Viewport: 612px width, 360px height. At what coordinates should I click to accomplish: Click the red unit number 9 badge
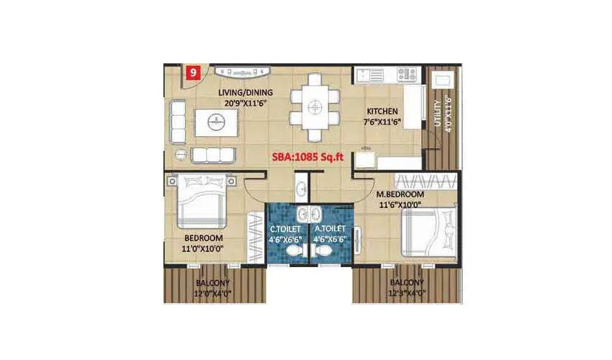point(193,72)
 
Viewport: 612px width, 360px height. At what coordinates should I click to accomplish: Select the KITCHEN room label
point(381,112)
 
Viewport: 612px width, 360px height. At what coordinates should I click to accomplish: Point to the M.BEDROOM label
point(400,194)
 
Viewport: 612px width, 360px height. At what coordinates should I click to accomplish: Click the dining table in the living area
point(313,107)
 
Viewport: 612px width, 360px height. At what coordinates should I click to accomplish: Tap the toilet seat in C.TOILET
point(293,248)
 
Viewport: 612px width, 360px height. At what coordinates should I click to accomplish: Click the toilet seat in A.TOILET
point(323,248)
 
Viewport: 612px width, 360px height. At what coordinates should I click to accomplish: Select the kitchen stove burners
point(408,73)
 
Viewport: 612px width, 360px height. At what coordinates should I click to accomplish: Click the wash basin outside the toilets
point(300,189)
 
